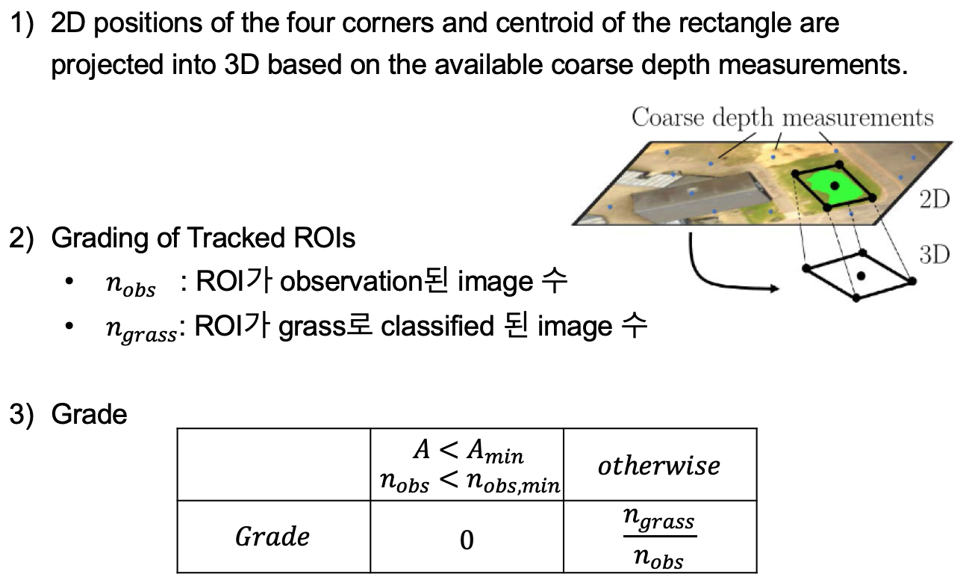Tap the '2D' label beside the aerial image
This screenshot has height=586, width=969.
934,200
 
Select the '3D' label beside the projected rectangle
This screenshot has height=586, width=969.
934,255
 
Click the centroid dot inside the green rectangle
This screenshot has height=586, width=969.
835,185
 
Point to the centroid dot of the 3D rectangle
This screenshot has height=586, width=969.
861,276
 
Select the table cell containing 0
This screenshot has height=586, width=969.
467,539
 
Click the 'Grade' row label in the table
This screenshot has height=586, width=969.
272,537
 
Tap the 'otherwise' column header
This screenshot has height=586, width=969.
659,466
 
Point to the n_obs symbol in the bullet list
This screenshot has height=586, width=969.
131,285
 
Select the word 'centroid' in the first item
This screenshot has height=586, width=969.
540,23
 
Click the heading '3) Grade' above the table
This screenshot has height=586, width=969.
68,413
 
